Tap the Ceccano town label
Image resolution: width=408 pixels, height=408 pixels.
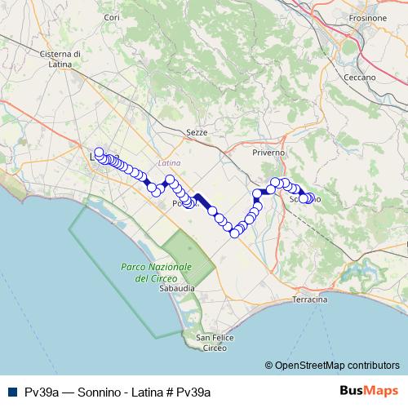360,78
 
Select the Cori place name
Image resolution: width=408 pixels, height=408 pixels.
113,17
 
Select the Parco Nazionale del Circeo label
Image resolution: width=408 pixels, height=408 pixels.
156,273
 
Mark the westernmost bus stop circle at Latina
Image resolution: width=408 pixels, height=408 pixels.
99,152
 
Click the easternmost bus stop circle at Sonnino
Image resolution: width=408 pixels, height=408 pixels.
310,197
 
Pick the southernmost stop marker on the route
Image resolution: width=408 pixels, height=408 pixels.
235,233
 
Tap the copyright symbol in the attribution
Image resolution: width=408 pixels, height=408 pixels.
270,366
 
